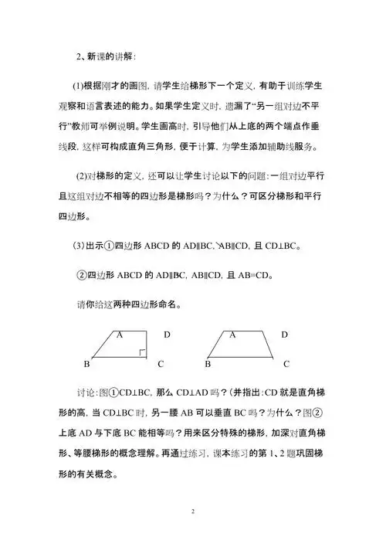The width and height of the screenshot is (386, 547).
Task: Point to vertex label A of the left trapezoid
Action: coord(120,335)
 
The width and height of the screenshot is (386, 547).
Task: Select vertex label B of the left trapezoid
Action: coord(86,362)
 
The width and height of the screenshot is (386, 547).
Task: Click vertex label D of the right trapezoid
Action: coord(284,335)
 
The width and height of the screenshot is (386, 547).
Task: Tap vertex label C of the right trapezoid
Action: coord(286,362)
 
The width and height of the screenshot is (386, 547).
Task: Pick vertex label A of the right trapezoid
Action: coord(232,335)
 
